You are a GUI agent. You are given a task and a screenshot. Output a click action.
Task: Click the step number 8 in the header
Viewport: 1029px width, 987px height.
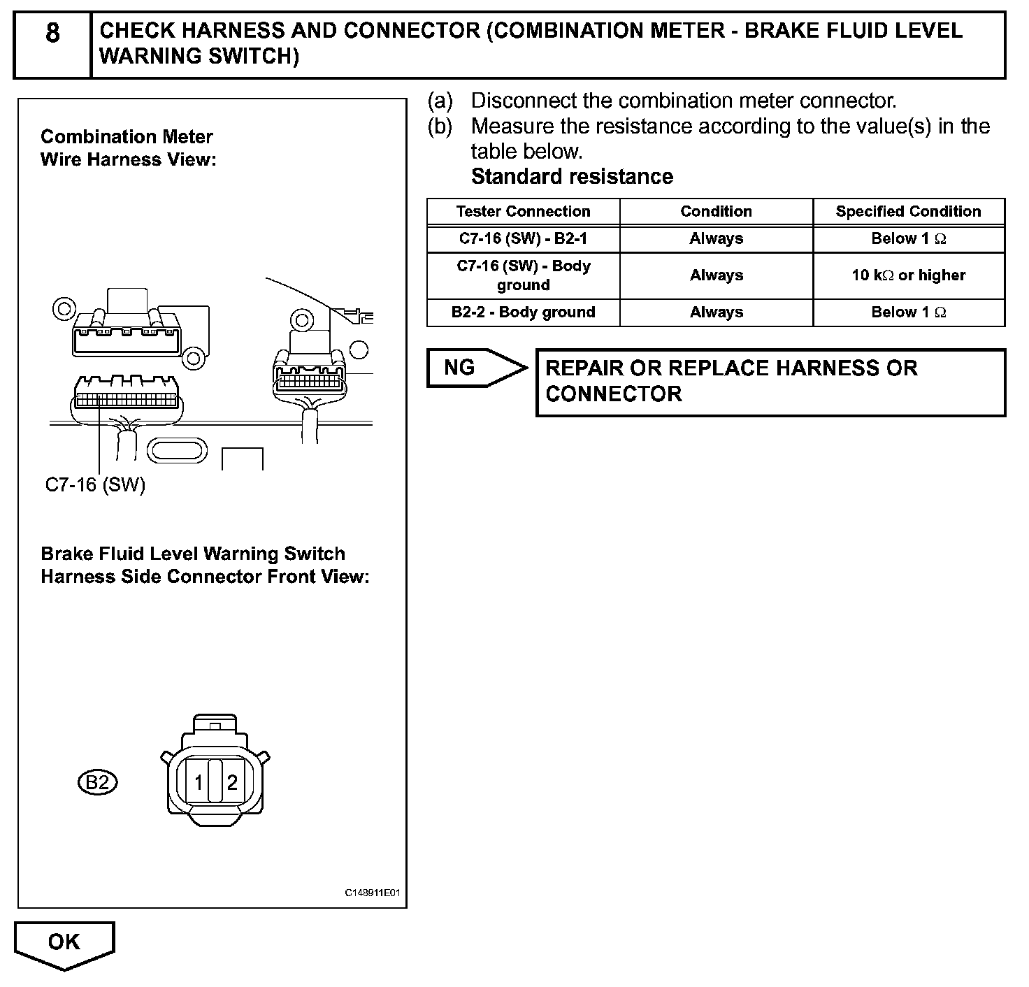pyautogui.click(x=52, y=34)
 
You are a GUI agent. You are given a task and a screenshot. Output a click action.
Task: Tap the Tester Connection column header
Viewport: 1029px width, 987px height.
pyautogui.click(x=523, y=211)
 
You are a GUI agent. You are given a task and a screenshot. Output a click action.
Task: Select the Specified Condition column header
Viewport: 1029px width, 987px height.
pyautogui.click(x=908, y=211)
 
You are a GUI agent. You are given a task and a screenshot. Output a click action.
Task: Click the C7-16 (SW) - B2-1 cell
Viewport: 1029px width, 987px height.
pyautogui.click(x=523, y=238)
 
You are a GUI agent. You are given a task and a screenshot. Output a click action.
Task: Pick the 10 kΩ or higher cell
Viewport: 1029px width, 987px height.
pyautogui.click(x=908, y=275)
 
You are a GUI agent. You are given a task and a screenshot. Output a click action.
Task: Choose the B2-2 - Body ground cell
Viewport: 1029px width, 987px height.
pyautogui.click(x=523, y=312)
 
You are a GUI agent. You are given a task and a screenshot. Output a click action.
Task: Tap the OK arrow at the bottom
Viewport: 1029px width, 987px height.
pyautogui.click(x=64, y=943)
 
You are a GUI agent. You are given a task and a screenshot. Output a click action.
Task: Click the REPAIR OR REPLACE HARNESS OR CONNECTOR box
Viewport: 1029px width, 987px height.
pyautogui.click(x=770, y=382)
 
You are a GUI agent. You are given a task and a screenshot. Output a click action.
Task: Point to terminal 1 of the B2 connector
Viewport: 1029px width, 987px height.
pyautogui.click(x=199, y=782)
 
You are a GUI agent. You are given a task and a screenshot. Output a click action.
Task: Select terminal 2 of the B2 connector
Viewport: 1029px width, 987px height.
pyautogui.click(x=232, y=782)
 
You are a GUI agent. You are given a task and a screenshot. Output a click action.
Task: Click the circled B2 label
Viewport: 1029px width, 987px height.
pyautogui.click(x=97, y=782)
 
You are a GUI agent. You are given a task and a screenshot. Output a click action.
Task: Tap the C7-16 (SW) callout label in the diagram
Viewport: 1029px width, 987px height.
pyautogui.click(x=95, y=485)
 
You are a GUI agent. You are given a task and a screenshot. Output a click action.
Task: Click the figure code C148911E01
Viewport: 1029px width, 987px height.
pyautogui.click(x=374, y=893)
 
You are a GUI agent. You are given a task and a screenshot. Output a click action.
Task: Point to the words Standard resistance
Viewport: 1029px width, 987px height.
pyautogui.click(x=572, y=177)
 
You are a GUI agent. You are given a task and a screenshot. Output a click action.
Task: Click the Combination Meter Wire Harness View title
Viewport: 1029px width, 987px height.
pyautogui.click(x=128, y=148)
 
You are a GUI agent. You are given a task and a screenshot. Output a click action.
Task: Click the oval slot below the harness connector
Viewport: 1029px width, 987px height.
pyautogui.click(x=178, y=450)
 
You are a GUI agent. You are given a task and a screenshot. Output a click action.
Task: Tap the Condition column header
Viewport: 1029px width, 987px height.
pyautogui.click(x=716, y=211)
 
